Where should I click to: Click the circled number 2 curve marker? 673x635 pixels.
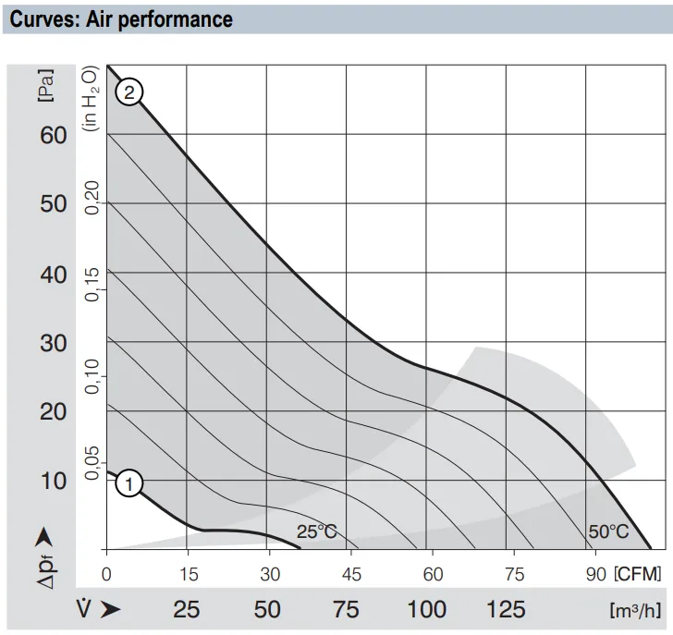point(128,92)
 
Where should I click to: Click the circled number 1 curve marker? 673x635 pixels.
point(128,483)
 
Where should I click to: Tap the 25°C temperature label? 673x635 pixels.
point(317,531)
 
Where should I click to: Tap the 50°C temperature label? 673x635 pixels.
point(608,531)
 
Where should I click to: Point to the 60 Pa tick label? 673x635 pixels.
point(54,136)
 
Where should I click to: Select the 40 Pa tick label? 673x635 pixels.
point(54,275)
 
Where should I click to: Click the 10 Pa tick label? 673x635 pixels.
point(54,481)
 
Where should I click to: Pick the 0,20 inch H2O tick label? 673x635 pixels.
point(92,198)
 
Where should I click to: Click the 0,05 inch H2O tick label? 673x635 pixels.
point(92,463)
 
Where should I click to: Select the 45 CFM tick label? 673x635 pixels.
point(351,574)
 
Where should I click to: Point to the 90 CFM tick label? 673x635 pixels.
point(595,574)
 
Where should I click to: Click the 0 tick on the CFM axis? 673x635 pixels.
point(106,574)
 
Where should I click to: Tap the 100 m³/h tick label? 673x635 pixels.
point(427,609)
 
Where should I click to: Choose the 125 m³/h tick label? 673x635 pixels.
point(506,609)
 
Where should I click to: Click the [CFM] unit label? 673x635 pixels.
point(638,574)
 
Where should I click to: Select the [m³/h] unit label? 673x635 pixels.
point(636,610)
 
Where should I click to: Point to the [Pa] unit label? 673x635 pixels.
point(46,85)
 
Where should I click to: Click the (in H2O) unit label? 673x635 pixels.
point(91,98)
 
